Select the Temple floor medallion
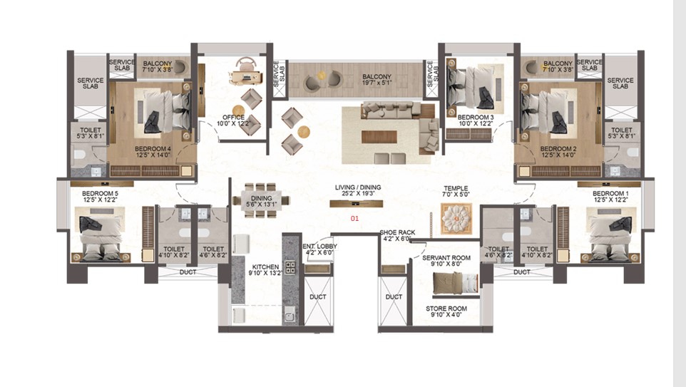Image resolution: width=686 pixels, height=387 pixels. coord(456,218)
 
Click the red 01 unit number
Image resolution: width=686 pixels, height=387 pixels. coord(354,218)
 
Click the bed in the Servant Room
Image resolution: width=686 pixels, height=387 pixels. coord(455,284)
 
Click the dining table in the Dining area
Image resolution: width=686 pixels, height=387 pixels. coord(261,201)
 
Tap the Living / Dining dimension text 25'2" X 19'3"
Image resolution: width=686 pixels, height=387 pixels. coord(358,193)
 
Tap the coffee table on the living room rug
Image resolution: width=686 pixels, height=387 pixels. coord(379,137)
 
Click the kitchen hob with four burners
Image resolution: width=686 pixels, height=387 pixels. coord(290,267)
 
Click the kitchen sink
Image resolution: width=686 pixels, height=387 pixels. coord(290,314)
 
